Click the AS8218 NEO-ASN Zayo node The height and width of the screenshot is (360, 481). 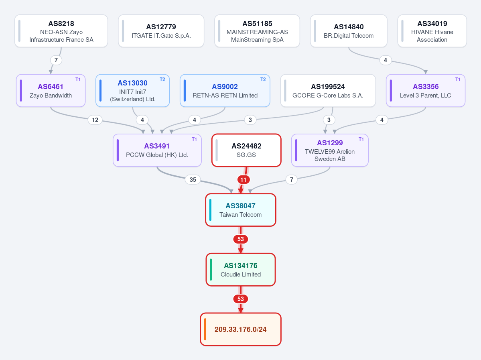point(61,31)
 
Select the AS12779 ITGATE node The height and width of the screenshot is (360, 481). point(161,31)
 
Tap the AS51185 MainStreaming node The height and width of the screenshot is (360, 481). point(257,31)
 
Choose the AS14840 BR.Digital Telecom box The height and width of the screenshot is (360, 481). point(349,31)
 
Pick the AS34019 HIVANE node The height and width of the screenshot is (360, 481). point(432,31)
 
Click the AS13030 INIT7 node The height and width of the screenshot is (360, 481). point(132,91)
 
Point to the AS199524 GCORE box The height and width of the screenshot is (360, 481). point(328,91)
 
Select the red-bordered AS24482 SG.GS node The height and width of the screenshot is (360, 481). point(246,151)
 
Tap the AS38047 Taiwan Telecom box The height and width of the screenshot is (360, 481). point(241,210)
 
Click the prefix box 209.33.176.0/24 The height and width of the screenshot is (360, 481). point(241,329)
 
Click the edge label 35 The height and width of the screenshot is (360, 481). point(193,179)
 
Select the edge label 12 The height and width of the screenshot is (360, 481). point(95,120)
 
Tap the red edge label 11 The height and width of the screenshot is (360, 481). point(243,179)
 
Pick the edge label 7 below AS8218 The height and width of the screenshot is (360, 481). point(56,60)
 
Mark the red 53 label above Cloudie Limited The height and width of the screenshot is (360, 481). point(241,239)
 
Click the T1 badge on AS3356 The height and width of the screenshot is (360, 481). point(458,79)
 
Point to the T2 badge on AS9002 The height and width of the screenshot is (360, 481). point(263,79)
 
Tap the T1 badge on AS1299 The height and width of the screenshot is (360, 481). point(361,139)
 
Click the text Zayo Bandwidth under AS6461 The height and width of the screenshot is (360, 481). point(51,96)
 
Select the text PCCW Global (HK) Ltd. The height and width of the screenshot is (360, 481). point(157,155)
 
